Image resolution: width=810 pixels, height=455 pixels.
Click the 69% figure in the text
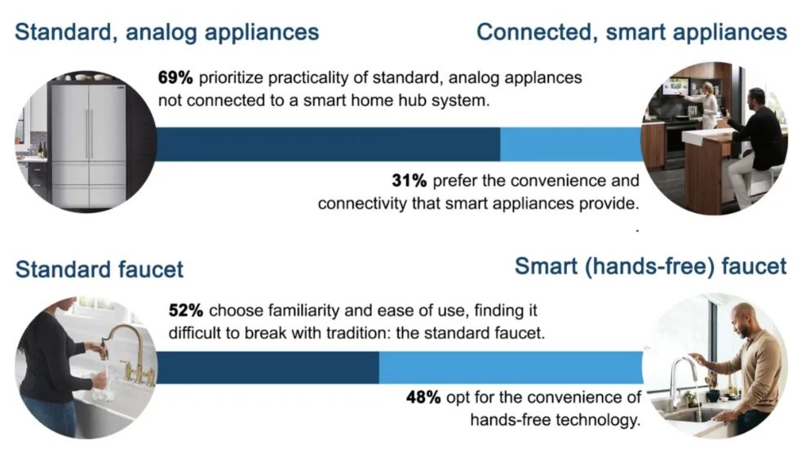(x=175, y=78)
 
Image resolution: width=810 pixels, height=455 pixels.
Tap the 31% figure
(x=409, y=181)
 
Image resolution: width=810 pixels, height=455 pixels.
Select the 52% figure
(x=185, y=311)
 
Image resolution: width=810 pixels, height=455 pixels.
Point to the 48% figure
(x=423, y=397)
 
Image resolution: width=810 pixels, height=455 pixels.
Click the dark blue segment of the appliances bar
(x=328, y=144)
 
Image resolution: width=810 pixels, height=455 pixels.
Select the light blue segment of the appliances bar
(x=571, y=144)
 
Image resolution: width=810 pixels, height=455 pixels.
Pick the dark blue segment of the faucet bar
(x=267, y=367)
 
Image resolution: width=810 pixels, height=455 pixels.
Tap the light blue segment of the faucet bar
(x=511, y=367)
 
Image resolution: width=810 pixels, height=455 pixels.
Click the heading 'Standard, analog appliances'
(x=167, y=32)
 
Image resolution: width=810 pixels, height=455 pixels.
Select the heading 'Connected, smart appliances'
(x=632, y=32)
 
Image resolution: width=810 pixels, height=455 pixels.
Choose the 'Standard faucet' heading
(x=100, y=269)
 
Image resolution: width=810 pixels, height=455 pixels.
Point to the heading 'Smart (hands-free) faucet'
(x=651, y=267)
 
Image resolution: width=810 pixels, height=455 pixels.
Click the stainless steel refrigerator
(x=88, y=144)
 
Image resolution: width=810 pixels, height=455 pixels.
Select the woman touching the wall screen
(x=706, y=105)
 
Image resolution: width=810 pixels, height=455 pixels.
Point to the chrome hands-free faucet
(x=683, y=382)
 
